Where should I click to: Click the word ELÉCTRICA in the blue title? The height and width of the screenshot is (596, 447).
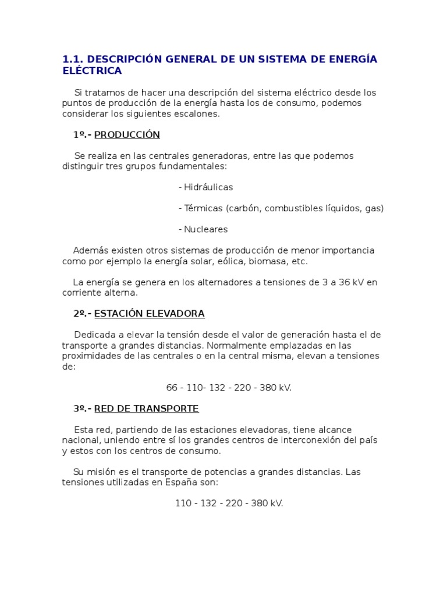point(92,71)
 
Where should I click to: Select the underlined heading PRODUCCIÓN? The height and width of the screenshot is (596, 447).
point(127,135)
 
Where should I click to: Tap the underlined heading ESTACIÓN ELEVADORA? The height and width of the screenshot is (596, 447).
point(149,314)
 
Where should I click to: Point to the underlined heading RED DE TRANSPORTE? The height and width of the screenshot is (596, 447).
point(146,409)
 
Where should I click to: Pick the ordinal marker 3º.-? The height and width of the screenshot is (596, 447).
point(83,409)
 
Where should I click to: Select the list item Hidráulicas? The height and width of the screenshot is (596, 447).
point(208,187)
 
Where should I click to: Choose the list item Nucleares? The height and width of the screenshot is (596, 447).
point(205,229)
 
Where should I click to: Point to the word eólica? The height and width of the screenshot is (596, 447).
point(230,261)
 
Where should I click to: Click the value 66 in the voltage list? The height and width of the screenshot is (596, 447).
point(172,388)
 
